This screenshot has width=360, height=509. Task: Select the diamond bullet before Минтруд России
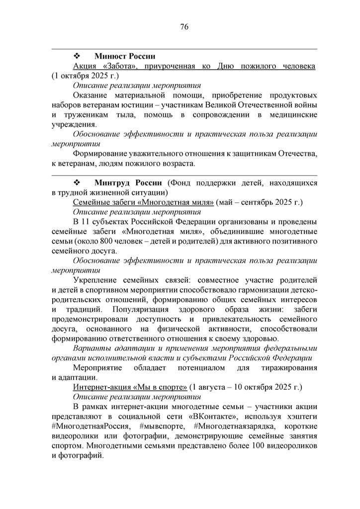point(77,183)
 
